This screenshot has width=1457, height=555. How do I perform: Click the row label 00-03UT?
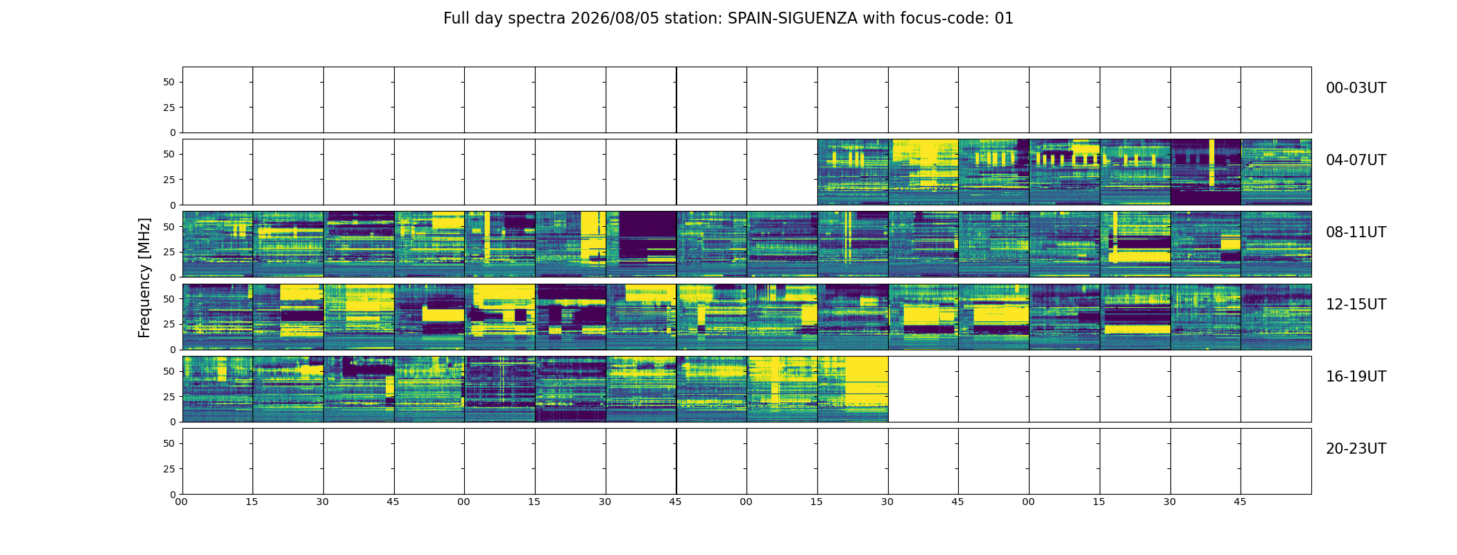[x=1356, y=88]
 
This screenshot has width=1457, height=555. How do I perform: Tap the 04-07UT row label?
[x=1356, y=160]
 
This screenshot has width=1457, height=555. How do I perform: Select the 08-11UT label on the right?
[x=1356, y=232]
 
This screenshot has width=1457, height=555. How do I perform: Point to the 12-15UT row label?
[x=1356, y=305]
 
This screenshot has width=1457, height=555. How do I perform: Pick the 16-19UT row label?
[x=1356, y=377]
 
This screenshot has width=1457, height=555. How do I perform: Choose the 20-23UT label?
[x=1356, y=449]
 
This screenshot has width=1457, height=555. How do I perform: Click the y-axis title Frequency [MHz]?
[x=144, y=278]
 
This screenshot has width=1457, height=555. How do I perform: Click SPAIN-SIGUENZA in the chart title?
[x=792, y=19]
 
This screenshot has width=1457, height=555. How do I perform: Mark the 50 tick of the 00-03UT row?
[x=169, y=82]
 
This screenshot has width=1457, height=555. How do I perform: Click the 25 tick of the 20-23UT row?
[x=169, y=469]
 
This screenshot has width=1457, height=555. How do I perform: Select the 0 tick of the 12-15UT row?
[x=172, y=350]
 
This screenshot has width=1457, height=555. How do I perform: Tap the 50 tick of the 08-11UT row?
[x=169, y=226]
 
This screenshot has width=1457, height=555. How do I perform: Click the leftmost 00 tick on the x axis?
[x=181, y=502]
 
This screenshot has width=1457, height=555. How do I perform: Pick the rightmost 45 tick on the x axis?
[x=1240, y=502]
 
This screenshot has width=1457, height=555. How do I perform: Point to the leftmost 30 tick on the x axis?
[x=323, y=502]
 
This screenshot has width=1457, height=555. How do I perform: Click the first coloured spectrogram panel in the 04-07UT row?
[x=853, y=172]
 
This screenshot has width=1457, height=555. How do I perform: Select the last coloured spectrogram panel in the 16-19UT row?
[x=853, y=389]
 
